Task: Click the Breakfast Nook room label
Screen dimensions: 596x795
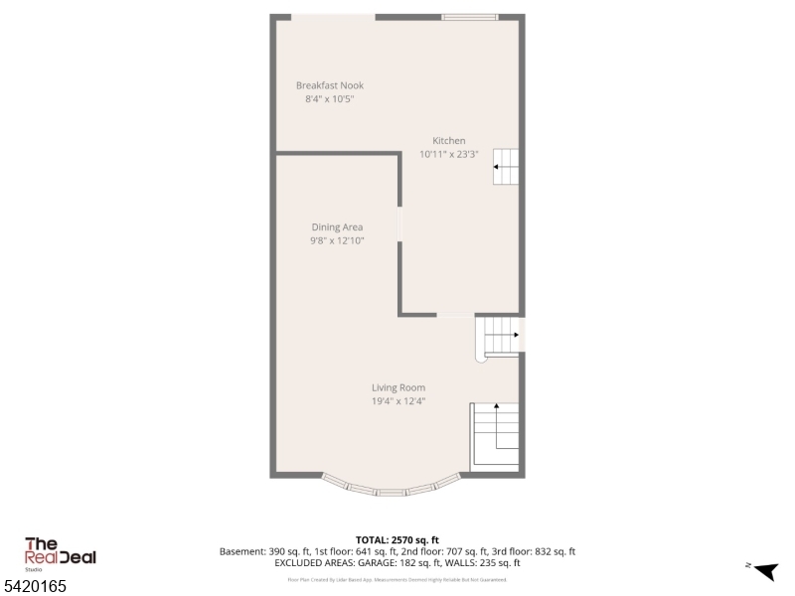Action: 329,85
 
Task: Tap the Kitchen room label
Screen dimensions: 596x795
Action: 448,140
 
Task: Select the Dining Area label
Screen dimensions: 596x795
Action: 337,227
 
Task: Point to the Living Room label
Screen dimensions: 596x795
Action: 398,387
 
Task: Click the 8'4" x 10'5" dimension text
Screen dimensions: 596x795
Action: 329,99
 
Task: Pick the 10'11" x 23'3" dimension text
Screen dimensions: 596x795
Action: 449,154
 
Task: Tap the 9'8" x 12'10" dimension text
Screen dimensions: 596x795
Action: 337,241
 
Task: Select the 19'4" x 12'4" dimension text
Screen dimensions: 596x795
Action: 398,401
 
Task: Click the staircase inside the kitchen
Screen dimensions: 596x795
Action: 506,167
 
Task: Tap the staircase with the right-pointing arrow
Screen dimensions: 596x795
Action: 502,337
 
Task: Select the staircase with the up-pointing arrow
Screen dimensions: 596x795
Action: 495,435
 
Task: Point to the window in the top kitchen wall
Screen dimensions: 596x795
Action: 470,17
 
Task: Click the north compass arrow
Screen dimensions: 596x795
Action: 764,570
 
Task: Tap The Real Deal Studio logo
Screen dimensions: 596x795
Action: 60,553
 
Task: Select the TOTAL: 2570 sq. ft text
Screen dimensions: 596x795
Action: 397,539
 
